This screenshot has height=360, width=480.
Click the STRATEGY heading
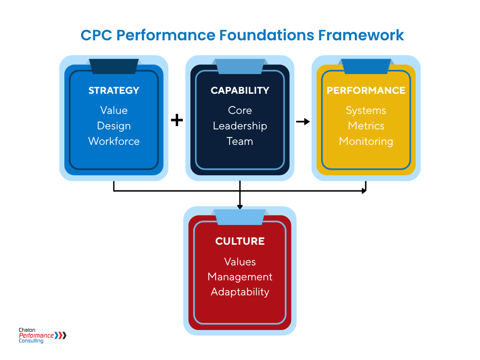(x=114, y=90)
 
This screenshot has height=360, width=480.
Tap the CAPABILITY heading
(x=240, y=90)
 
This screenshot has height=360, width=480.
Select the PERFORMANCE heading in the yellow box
(x=366, y=90)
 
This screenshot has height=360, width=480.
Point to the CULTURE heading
(x=240, y=241)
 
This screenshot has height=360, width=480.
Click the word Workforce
(x=114, y=141)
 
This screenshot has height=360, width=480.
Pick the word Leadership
(x=240, y=126)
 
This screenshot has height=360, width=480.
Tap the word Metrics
(x=366, y=126)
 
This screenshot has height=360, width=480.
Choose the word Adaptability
(x=240, y=292)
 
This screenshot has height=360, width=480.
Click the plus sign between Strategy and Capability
(x=177, y=120)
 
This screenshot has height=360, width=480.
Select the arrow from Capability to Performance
(x=303, y=122)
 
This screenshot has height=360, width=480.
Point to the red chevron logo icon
(x=61, y=335)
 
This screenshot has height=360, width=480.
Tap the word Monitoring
(x=366, y=141)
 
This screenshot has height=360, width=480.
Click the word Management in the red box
(x=240, y=277)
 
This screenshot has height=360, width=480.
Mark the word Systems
(x=366, y=111)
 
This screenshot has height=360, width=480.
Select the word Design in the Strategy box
(x=114, y=126)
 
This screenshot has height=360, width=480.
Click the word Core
(x=240, y=111)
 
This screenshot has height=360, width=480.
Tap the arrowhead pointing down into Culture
(x=240, y=206)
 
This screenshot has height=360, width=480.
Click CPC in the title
(x=96, y=35)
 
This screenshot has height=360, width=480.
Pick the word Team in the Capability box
(x=240, y=141)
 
